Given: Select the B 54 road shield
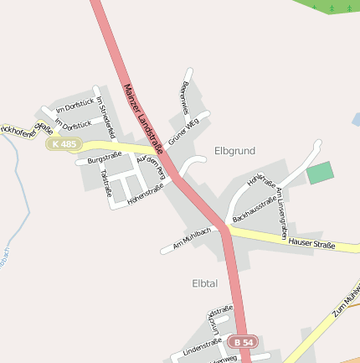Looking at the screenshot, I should click(x=244, y=342).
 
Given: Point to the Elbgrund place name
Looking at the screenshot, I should click(x=234, y=151).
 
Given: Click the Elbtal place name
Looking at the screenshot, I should click(x=204, y=283).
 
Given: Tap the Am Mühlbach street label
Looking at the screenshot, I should click(x=191, y=239).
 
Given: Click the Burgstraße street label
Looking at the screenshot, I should click(x=105, y=157).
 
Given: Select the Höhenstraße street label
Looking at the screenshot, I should click(x=145, y=195).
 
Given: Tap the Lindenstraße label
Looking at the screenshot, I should click(x=202, y=347).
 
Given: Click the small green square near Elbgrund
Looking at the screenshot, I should click(x=320, y=174).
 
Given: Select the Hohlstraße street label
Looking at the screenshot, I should click(x=261, y=179).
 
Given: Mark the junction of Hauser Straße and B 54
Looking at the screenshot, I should click(x=226, y=227).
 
